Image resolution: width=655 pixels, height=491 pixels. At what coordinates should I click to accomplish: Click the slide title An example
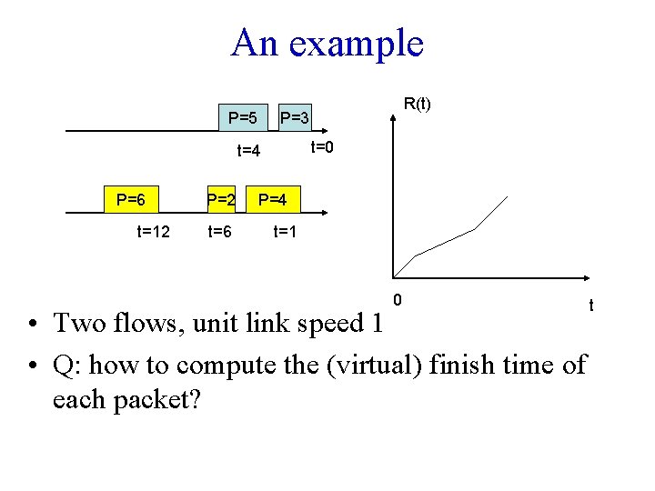click(327, 43)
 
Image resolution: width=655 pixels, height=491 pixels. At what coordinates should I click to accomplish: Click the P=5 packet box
click(242, 117)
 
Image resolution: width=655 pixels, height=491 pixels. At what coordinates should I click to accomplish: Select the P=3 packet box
click(295, 117)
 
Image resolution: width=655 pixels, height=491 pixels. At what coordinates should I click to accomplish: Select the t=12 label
click(153, 232)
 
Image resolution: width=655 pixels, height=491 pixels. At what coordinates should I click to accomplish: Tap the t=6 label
click(220, 232)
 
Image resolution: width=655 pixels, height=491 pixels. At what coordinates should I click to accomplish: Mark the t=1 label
click(286, 232)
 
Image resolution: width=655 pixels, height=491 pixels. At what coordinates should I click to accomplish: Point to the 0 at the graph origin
click(397, 299)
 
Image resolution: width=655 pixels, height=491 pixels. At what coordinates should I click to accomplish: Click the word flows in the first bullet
click(154, 323)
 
